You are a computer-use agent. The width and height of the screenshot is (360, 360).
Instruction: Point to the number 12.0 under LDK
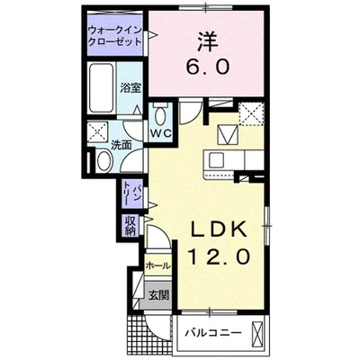(x=217, y=257)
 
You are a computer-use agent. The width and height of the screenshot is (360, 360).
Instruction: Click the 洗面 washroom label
(x=122, y=145)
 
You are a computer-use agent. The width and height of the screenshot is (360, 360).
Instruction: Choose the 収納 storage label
(x=130, y=225)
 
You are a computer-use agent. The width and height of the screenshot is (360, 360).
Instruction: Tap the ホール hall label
(x=157, y=267)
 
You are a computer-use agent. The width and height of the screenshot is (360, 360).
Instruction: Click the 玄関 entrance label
(x=157, y=294)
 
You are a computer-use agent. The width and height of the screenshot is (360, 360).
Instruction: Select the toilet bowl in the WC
(x=161, y=116)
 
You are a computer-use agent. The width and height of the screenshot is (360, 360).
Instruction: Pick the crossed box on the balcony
(x=257, y=336)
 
